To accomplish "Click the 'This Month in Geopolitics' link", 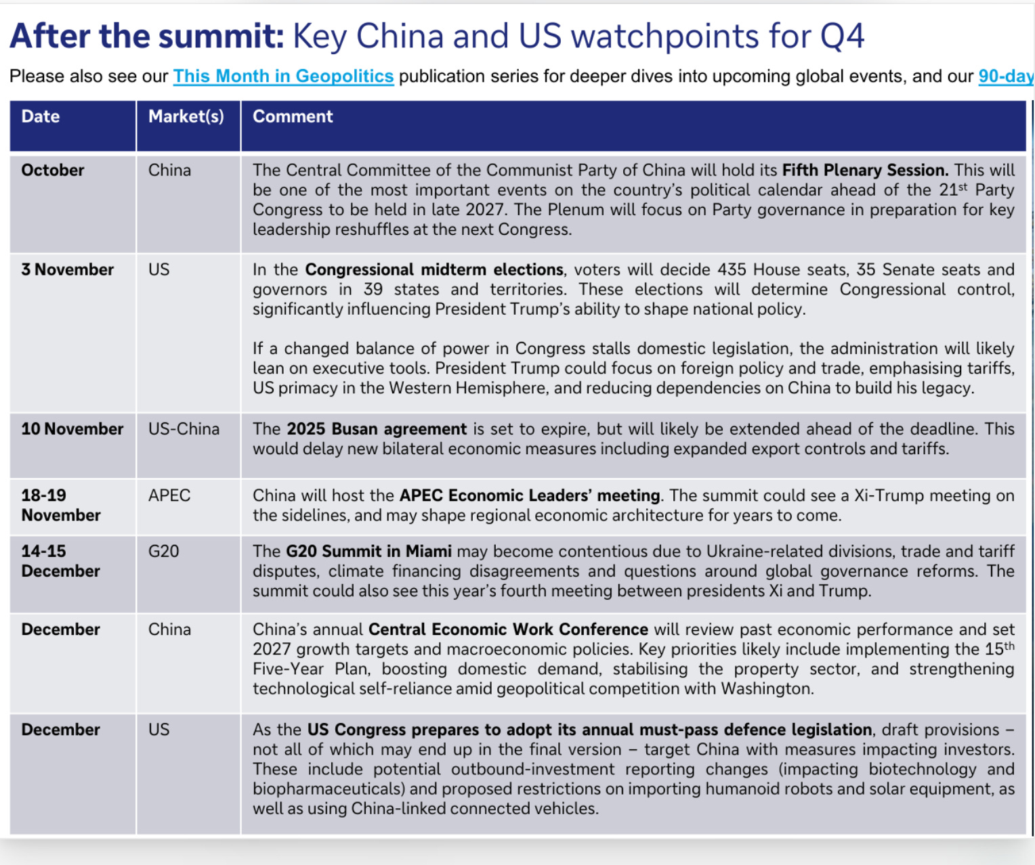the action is [283, 76].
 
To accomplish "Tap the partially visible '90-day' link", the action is [1007, 76].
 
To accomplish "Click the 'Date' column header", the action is [41, 116].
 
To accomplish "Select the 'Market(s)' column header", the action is [186, 116].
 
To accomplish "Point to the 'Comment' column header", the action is [293, 116].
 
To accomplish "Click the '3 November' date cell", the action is [68, 269].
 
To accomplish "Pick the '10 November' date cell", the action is [72, 429].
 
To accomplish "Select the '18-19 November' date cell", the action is [61, 506].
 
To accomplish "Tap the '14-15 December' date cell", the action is [60, 561].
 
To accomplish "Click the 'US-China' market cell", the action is [184, 429].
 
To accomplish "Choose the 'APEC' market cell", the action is [169, 495].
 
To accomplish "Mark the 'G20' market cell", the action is [163, 552].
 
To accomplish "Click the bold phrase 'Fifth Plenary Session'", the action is [865, 171].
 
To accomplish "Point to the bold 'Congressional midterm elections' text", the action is [434, 270].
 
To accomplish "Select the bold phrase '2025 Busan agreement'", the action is [377, 429].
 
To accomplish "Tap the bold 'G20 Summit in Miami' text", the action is [368, 552].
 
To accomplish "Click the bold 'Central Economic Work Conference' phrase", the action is [508, 629].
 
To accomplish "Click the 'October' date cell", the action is [53, 171].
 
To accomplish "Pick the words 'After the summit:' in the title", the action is [147, 36].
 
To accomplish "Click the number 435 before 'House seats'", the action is [732, 269].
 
